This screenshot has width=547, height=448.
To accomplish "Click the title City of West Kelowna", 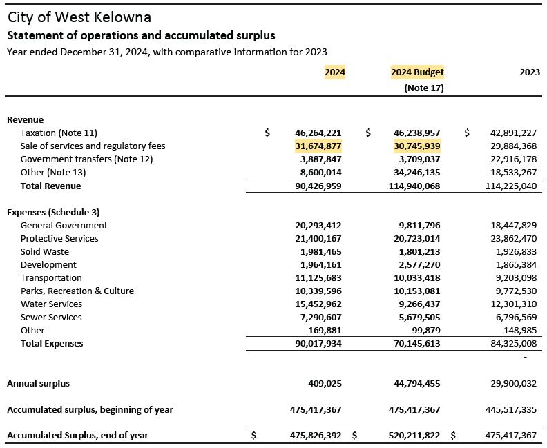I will [79, 17].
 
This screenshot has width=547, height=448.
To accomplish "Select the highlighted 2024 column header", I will [335, 72].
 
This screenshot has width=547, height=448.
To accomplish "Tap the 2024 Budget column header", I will [417, 72].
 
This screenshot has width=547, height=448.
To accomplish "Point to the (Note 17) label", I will [424, 88].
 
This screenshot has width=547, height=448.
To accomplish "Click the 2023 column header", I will [530, 72].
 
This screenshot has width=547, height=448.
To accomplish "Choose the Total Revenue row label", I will [50, 186].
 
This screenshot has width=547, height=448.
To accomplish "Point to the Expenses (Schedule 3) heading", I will [53, 212].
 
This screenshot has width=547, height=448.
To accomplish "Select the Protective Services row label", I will [59, 238].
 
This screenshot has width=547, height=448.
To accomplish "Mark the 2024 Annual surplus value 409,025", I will [325, 383].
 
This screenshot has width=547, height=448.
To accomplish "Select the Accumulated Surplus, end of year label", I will [77, 435].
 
